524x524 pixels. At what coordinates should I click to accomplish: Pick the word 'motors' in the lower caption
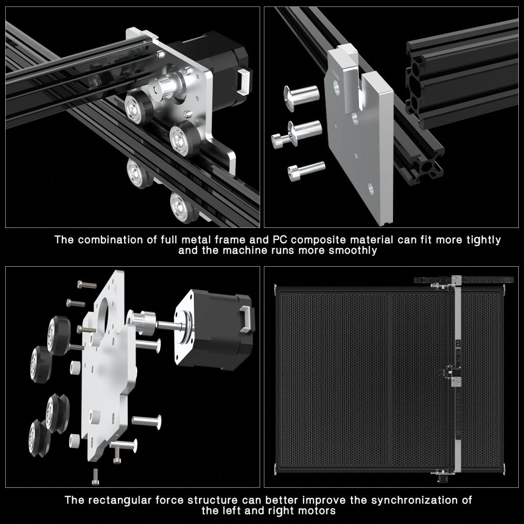click(x=316, y=510)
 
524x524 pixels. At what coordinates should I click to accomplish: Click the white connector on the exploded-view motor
click(x=246, y=318)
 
